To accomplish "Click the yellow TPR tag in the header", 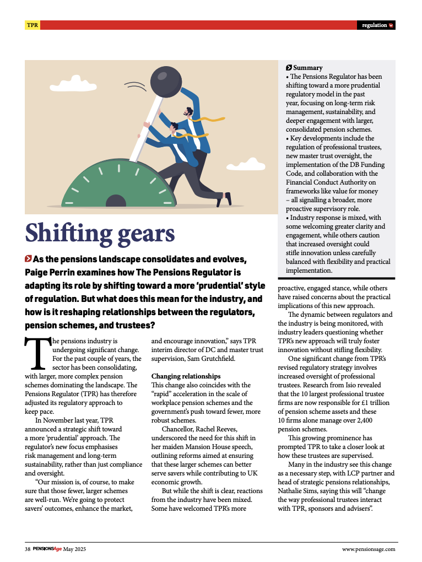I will [x=33, y=25].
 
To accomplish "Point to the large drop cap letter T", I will [x=36, y=352].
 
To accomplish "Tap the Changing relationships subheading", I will [x=186, y=376].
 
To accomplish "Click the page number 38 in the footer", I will [x=28, y=549].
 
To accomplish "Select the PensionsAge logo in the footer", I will [x=47, y=549].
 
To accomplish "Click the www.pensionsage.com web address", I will [x=369, y=549].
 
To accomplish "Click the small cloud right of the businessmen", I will [x=253, y=164].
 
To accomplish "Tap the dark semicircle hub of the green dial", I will [x=116, y=201].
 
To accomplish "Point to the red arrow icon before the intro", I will [x=28, y=259].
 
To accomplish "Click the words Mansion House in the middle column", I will [x=211, y=447].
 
